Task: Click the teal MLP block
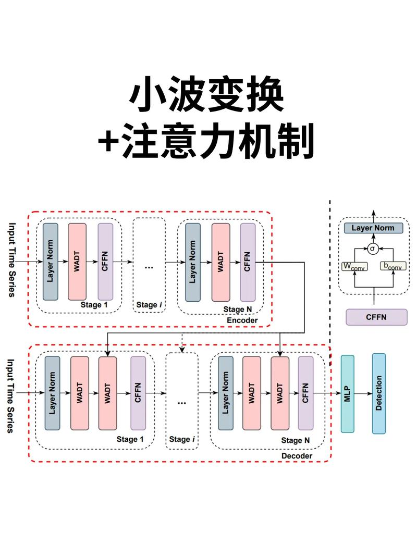[347, 394]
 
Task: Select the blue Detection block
[379, 393]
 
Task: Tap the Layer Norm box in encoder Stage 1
[51, 262]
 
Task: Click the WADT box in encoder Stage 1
[77, 262]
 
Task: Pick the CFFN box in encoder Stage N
[248, 262]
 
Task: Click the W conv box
[354, 266]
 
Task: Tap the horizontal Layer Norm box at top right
[373, 228]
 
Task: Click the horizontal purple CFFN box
[376, 317]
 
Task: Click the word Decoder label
[297, 456]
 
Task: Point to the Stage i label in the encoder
[148, 304]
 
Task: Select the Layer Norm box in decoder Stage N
[226, 393]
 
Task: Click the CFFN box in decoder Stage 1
[138, 393]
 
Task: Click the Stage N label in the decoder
[296, 440]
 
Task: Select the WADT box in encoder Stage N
[221, 262]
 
